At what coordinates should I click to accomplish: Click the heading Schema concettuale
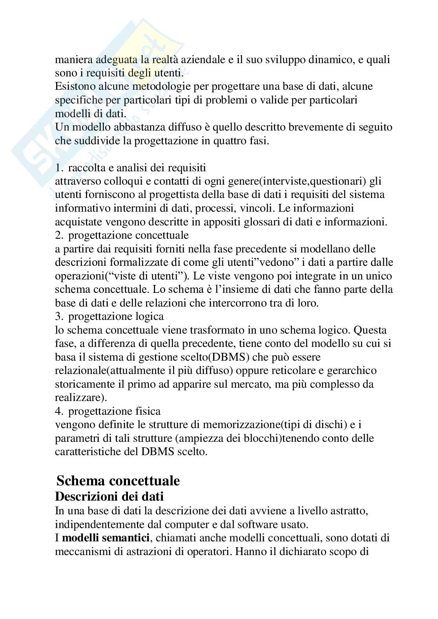click(x=118, y=481)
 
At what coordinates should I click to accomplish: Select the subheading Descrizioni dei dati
click(x=109, y=497)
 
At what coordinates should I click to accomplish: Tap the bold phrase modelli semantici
click(x=106, y=538)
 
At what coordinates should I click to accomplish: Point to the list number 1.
click(x=59, y=168)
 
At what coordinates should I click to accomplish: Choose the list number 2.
click(x=59, y=235)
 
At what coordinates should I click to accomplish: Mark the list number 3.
click(x=59, y=316)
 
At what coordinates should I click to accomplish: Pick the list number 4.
click(x=59, y=411)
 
